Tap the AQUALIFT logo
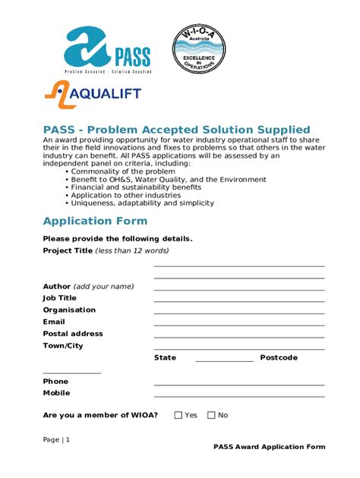[x=91, y=96]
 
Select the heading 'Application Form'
[x=95, y=221]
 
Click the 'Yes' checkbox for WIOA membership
[x=178, y=415]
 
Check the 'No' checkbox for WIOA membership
[x=212, y=415]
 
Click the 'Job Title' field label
[x=60, y=298]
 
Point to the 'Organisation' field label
[x=69, y=310]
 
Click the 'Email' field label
[x=54, y=322]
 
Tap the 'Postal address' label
[x=73, y=334]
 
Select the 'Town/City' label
[x=63, y=345]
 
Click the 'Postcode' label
[x=278, y=357]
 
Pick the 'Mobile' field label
[x=56, y=393]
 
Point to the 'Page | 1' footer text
[x=56, y=439]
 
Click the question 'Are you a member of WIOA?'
[x=100, y=415]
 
